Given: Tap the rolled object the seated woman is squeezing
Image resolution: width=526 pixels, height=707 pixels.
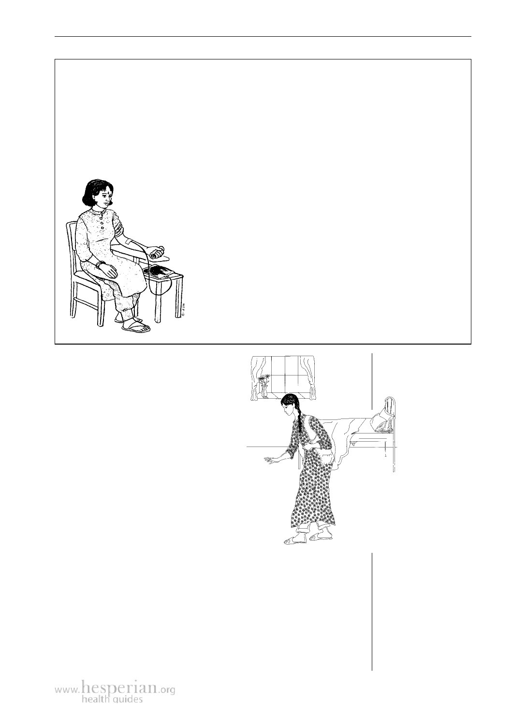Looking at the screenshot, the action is point(158,254).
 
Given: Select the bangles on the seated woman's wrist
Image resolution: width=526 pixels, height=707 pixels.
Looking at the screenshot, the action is point(101,264).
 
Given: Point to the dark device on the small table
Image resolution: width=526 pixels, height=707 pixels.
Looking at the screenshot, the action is point(159,272).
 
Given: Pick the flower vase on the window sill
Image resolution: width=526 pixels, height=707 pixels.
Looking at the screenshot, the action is point(264,386).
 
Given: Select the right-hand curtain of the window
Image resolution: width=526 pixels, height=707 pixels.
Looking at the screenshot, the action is point(308,378).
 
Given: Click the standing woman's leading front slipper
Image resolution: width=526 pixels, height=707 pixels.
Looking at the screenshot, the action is point(292,540).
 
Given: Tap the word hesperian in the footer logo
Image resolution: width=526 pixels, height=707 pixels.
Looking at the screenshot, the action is point(120,685).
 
